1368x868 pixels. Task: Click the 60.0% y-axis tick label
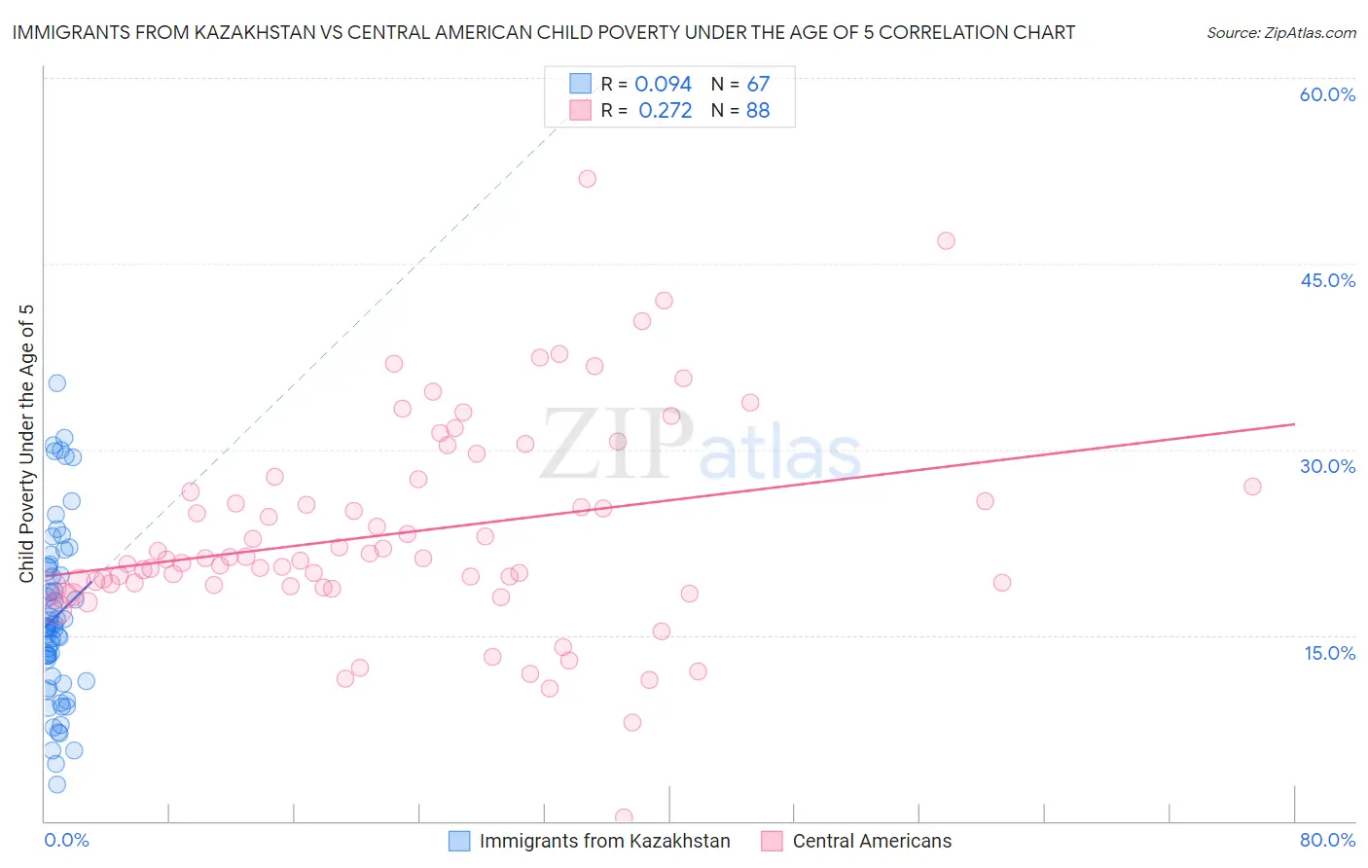click(1327, 94)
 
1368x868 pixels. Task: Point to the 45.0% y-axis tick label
click(1327, 280)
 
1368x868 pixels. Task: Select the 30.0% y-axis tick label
click(1327, 466)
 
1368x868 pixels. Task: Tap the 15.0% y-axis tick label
click(1329, 653)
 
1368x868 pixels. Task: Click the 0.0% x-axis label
click(66, 840)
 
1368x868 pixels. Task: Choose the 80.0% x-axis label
click(1327, 840)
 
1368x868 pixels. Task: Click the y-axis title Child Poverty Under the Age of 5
click(26, 444)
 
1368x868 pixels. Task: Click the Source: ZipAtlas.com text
click(1280, 32)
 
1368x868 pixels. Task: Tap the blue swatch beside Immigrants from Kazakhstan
click(459, 841)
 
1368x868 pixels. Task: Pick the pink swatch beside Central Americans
click(773, 841)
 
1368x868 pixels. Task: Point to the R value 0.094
click(663, 85)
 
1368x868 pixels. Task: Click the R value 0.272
click(665, 111)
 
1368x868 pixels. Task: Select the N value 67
click(758, 85)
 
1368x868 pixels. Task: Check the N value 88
click(758, 111)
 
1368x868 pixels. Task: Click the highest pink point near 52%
click(587, 179)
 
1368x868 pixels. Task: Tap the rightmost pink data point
click(1252, 487)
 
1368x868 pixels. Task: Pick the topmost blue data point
click(57, 383)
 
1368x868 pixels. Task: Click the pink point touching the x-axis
click(624, 817)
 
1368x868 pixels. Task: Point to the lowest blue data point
click(57, 784)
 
